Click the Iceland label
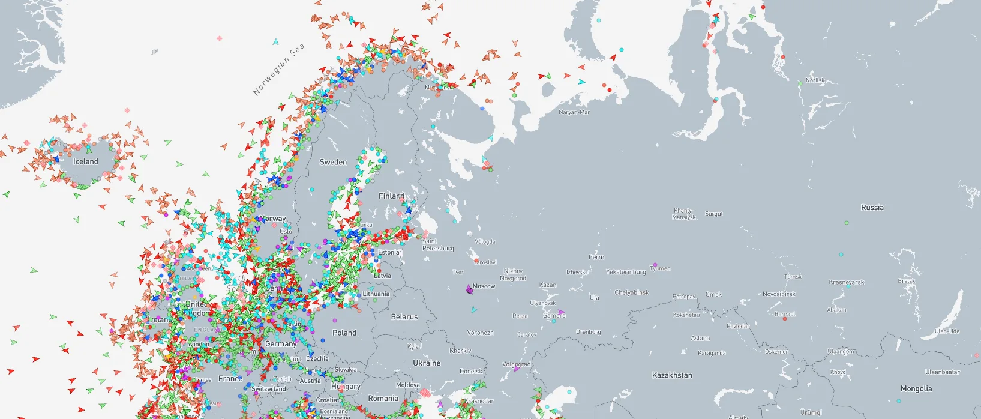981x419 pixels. click(86, 161)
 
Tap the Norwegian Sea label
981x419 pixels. click(278, 70)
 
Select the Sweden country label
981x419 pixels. click(333, 162)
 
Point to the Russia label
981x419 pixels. click(872, 208)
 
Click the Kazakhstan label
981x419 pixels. click(672, 375)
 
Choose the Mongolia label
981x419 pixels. click(916, 389)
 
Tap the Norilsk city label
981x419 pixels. click(815, 80)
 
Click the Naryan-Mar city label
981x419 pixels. click(574, 112)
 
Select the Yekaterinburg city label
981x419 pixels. click(626, 272)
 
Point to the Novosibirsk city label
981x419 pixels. click(779, 294)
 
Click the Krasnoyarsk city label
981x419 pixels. click(846, 282)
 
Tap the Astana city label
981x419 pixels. click(700, 339)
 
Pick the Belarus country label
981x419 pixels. click(404, 317)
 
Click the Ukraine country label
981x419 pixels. click(427, 363)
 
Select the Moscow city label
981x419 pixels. click(484, 286)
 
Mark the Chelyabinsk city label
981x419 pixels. click(632, 293)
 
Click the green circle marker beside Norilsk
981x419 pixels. click(800, 83)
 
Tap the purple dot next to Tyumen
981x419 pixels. click(655, 265)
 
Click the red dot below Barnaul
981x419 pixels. click(784, 319)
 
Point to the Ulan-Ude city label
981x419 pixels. click(947, 331)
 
